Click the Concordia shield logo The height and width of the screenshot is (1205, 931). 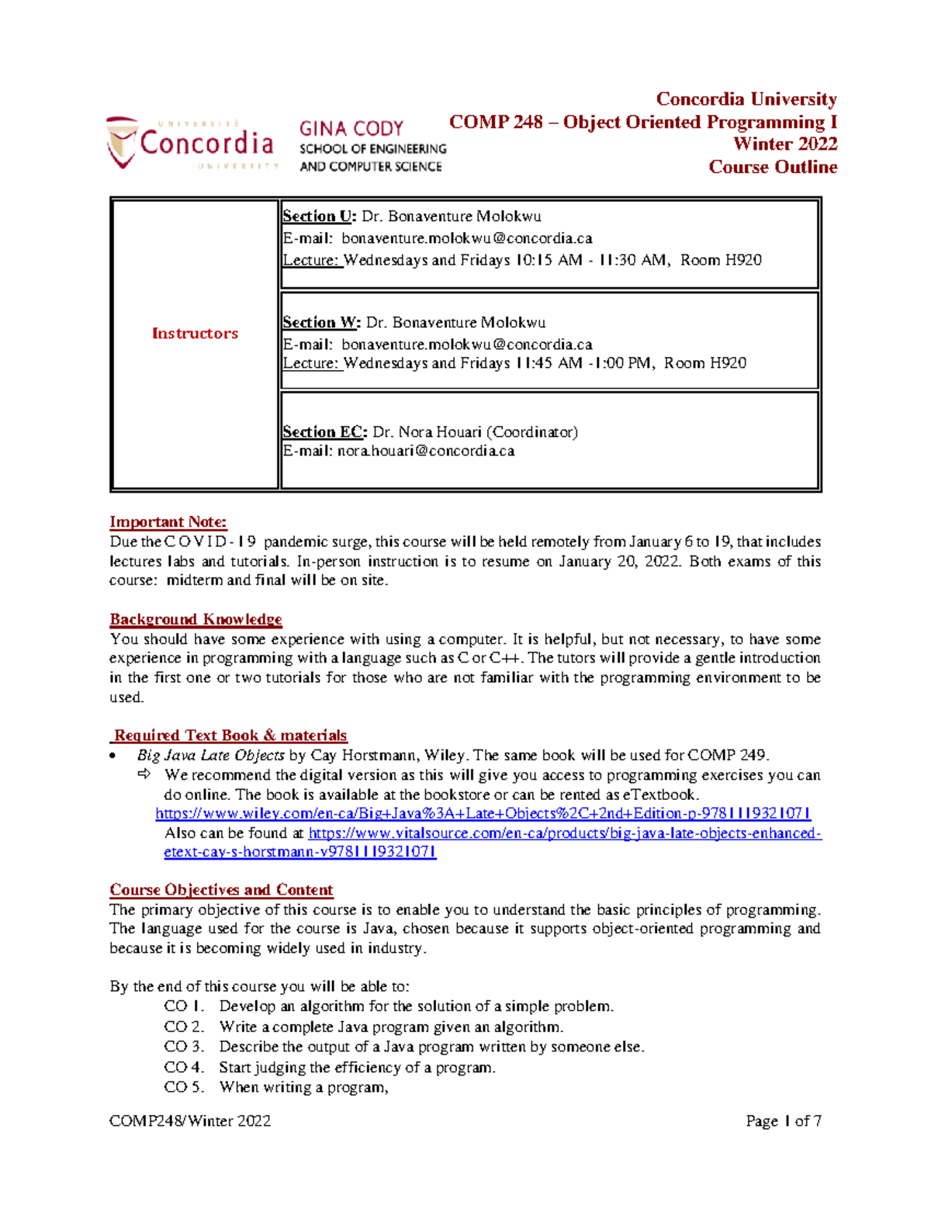122,143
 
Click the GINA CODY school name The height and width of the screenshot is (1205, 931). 351,129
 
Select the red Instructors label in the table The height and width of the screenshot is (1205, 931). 195,334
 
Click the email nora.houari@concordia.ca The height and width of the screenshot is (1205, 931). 425,452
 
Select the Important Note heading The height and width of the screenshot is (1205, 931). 168,522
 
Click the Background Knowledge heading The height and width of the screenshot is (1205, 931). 196,619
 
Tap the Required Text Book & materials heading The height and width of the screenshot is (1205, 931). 230,736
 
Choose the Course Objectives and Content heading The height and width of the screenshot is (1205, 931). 221,890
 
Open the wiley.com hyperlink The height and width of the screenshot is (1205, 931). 483,813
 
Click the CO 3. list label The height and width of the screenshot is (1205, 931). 183,1047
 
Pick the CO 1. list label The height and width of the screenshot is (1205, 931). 183,1006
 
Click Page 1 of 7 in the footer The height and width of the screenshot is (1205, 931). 783,1121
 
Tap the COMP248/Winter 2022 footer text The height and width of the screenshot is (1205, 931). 190,1121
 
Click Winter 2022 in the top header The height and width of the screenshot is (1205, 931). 785,144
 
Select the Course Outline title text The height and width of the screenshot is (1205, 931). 773,167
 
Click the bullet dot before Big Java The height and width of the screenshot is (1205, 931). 114,756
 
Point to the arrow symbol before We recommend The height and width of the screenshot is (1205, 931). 144,774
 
